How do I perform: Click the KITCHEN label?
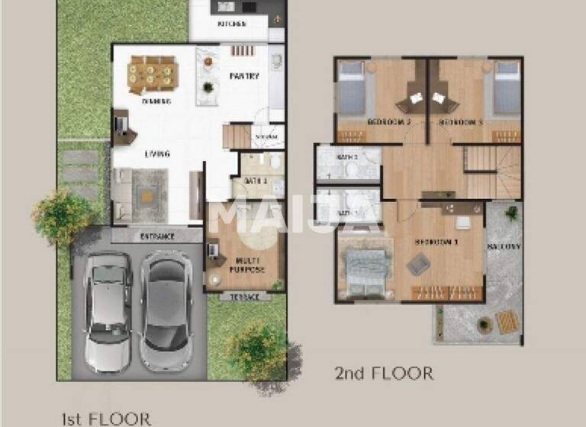232,24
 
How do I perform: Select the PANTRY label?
244,76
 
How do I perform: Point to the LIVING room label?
157,154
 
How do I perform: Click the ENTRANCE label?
157,236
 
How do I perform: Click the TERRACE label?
244,297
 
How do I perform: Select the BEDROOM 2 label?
389,122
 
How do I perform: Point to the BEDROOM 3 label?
460,122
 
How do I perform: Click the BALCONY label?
504,246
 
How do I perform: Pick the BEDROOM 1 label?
436,242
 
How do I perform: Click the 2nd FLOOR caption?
384,374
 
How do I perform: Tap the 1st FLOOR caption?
106,417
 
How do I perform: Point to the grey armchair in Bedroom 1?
417,265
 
